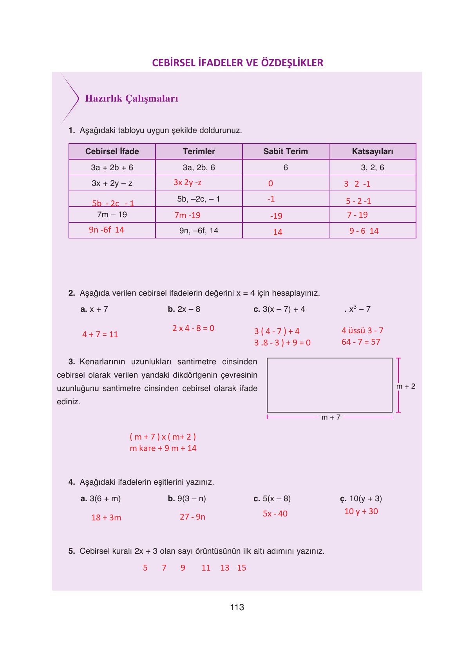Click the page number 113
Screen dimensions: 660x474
tap(237, 607)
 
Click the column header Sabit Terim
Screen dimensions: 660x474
tap(285, 151)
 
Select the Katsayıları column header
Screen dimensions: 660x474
tap(372, 151)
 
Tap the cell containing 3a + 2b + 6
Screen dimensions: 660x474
tap(112, 167)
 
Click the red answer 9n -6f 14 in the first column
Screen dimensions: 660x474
tap(106, 230)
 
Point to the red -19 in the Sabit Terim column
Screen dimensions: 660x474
tap(276, 216)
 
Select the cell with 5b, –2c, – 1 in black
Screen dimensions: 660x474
tap(199, 199)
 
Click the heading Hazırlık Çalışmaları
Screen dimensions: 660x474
tap(132, 98)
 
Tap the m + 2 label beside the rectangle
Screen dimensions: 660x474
tap(405, 386)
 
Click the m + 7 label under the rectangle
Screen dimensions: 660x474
tap(331, 417)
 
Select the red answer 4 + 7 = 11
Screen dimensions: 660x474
tap(100, 335)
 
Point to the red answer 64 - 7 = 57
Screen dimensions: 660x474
tap(361, 342)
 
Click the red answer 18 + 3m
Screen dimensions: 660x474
tap(106, 518)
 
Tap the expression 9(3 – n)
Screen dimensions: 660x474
tap(191, 498)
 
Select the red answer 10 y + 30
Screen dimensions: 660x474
tap(361, 511)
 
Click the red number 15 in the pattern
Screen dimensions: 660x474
tap(242, 568)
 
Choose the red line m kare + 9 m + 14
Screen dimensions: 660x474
tap(163, 448)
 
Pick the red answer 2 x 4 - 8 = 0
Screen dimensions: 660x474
tap(193, 328)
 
